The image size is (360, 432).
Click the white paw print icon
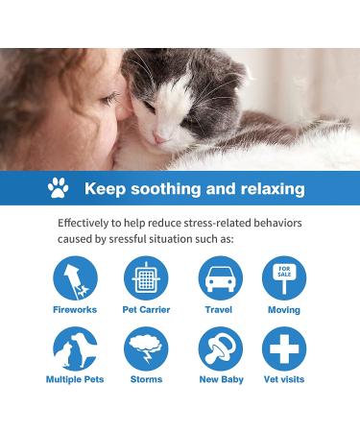tap(59, 188)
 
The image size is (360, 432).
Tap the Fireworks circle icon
tap(74, 277)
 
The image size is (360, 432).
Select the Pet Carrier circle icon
tap(146, 277)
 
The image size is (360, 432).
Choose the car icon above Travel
tap(219, 277)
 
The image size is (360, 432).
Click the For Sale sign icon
tap(284, 277)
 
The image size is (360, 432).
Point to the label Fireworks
tap(74, 310)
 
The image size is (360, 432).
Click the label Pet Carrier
tap(146, 310)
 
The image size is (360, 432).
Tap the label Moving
tap(284, 310)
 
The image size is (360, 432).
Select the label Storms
tap(146, 380)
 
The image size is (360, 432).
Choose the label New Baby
tap(219, 380)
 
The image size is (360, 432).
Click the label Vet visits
tap(284, 380)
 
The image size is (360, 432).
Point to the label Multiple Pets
tap(74, 380)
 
